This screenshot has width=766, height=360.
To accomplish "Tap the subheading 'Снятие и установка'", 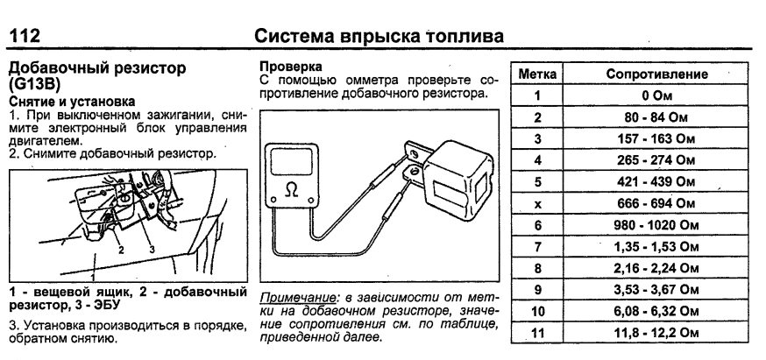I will point(60,101).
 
